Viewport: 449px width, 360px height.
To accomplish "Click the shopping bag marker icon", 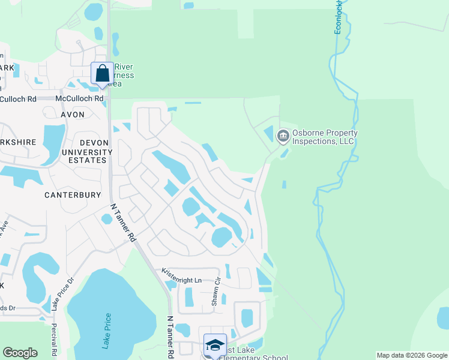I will tap(101, 74).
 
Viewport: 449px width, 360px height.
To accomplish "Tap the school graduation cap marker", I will tap(215, 345).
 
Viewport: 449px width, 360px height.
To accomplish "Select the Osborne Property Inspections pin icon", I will tap(283, 137).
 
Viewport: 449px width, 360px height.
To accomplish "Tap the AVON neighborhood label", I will tap(72, 113).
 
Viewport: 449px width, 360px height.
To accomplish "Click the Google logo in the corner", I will tap(20, 353).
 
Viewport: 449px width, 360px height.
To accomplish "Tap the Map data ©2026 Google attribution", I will tap(411, 355).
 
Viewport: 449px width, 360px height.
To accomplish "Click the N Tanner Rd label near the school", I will tap(170, 337).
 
